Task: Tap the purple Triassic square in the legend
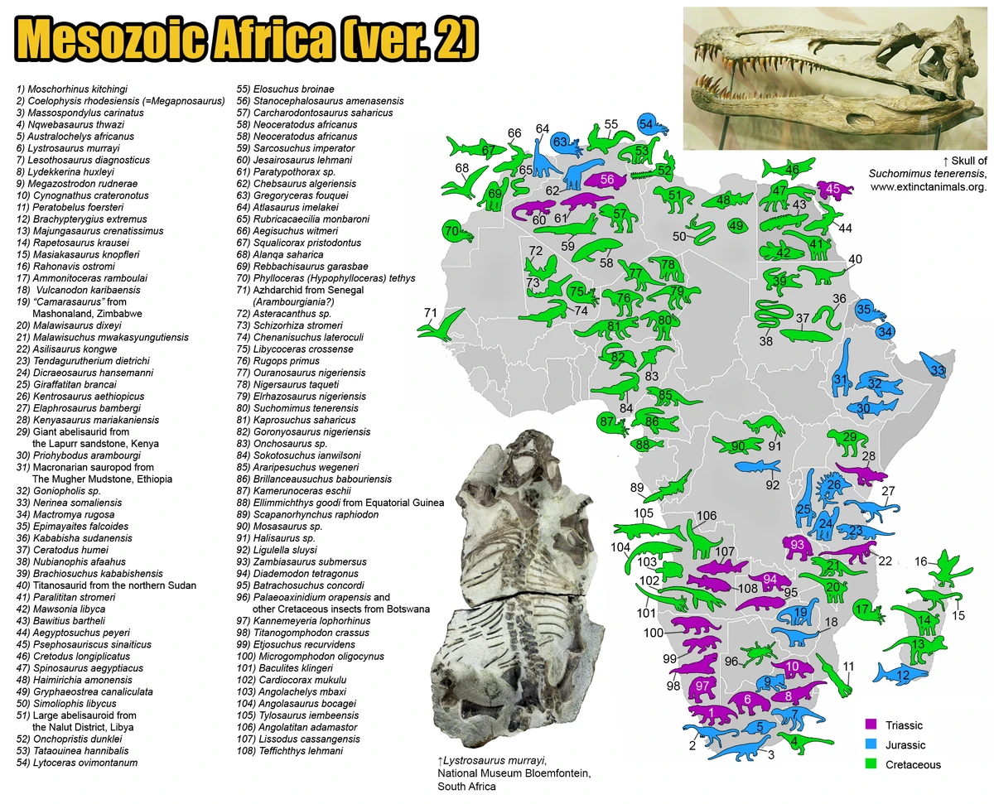point(870,725)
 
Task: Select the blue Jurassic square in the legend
point(870,745)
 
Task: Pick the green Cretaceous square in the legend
point(870,765)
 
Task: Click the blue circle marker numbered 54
point(647,124)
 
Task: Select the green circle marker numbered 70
point(452,230)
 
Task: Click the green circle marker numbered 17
point(864,609)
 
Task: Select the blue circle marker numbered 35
point(864,310)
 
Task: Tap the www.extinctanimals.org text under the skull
point(928,187)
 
